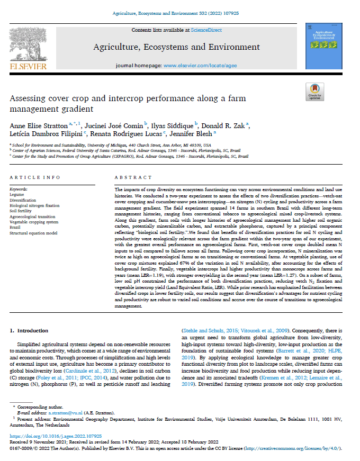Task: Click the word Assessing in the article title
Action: click(29, 99)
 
